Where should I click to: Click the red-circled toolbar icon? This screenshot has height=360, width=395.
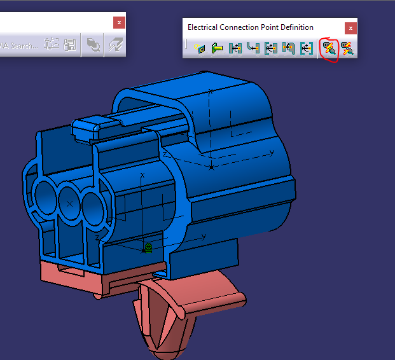329,48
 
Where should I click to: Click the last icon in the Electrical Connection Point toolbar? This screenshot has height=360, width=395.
347,48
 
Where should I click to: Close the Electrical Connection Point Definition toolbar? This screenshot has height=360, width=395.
350,27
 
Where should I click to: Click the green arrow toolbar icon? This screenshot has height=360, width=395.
218,48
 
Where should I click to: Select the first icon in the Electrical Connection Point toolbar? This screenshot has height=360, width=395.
200,48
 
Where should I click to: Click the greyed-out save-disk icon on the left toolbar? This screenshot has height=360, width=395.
69,45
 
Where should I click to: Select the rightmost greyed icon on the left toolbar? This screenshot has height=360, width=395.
114,45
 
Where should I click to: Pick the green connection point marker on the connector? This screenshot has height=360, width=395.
148,248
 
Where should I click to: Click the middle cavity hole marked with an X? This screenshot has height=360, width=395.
70,203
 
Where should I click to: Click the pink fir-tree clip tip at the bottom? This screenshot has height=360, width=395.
167,347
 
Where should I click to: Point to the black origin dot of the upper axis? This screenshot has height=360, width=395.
212,168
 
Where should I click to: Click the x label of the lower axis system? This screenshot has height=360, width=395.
142,174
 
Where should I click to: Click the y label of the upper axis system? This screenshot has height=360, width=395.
272,152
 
